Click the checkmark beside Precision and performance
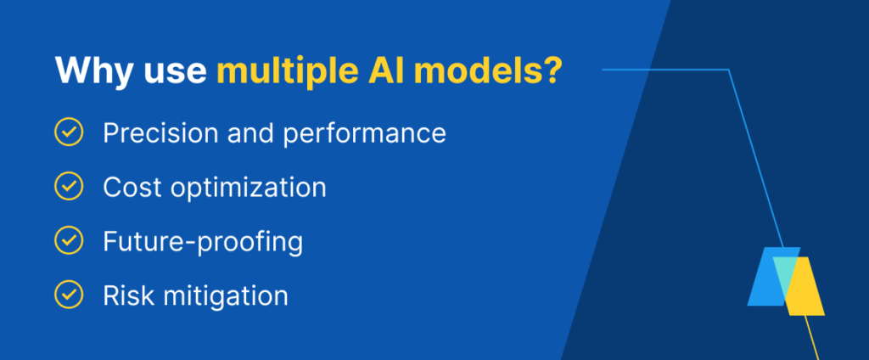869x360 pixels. [x=68, y=133]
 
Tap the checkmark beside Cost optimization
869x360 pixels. [x=68, y=187]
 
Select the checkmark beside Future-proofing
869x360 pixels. [x=68, y=241]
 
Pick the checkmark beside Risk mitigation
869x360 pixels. [x=68, y=295]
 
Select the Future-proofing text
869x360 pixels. [x=203, y=242]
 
